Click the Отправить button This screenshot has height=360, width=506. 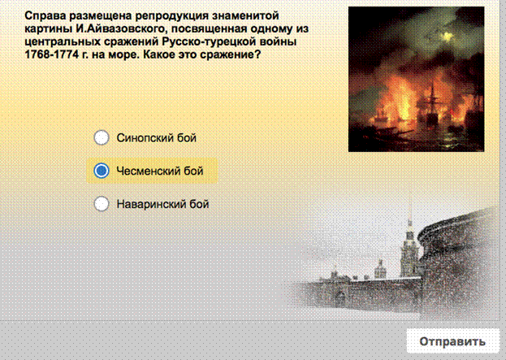pyautogui.click(x=452, y=341)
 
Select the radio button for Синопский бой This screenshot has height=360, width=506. pyautogui.click(x=102, y=137)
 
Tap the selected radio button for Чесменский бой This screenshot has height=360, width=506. pyautogui.click(x=102, y=171)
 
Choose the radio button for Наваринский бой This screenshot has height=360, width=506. pyautogui.click(x=102, y=204)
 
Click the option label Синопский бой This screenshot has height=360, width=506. pyautogui.click(x=157, y=138)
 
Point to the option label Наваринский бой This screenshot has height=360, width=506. pyautogui.click(x=163, y=204)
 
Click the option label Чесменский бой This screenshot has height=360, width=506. pyautogui.click(x=160, y=171)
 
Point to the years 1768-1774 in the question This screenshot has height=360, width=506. pyautogui.click(x=52, y=54)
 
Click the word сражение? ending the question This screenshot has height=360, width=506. pyautogui.click(x=231, y=55)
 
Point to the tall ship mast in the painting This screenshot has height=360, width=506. pyautogui.click(x=432, y=103)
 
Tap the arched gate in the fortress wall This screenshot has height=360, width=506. pyautogui.click(x=339, y=299)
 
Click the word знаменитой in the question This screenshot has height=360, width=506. pyautogui.click(x=245, y=16)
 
